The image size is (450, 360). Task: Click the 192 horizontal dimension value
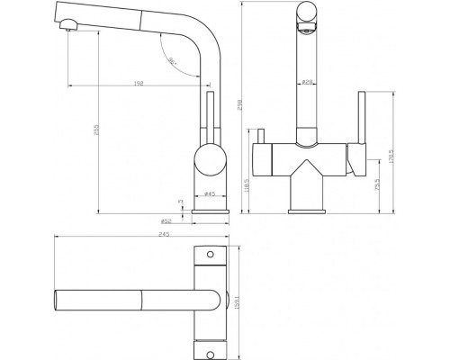click(139, 83)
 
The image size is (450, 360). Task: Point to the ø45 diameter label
click(208, 194)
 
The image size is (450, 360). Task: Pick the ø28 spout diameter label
click(307, 83)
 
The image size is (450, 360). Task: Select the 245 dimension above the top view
click(139, 237)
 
